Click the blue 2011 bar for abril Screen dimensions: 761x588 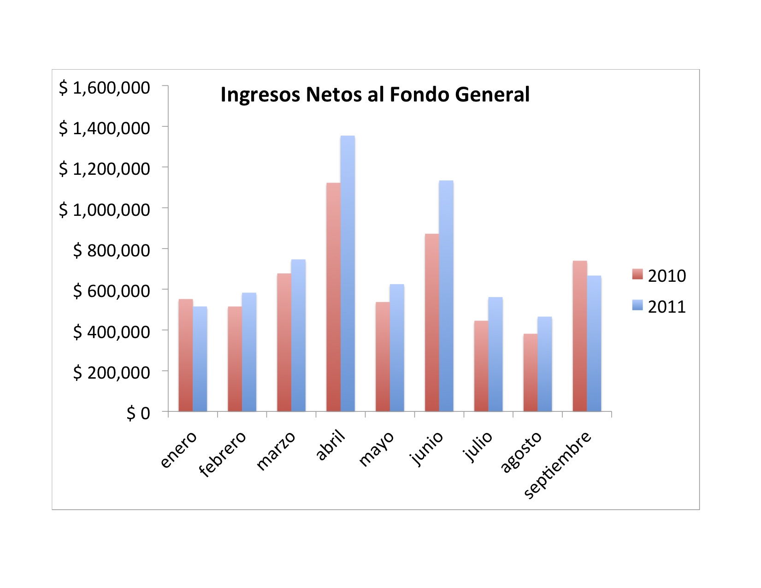tap(348, 273)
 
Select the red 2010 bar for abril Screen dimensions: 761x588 tap(333, 297)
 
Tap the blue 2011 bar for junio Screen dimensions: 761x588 tap(446, 296)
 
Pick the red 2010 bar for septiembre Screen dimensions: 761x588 tap(580, 336)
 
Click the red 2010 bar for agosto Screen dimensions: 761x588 tap(531, 373)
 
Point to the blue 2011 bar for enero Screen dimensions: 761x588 tap(200, 359)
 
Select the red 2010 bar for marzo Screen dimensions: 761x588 tap(284, 342)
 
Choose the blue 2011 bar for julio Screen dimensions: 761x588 tap(496, 354)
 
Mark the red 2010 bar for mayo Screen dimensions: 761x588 tap(383, 357)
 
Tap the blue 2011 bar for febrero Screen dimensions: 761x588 tap(249, 352)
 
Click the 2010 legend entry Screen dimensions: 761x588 tap(659, 276)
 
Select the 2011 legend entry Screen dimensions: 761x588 tap(659, 307)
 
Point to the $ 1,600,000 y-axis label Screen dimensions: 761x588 tap(104, 88)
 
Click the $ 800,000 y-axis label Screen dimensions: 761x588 tap(112, 250)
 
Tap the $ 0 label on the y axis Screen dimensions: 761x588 tap(138, 413)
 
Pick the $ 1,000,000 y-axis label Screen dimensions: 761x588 tap(104, 210)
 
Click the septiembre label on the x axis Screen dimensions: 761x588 tap(558, 465)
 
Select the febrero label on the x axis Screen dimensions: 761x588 tap(222, 454)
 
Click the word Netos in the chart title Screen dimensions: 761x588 tap(333, 94)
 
